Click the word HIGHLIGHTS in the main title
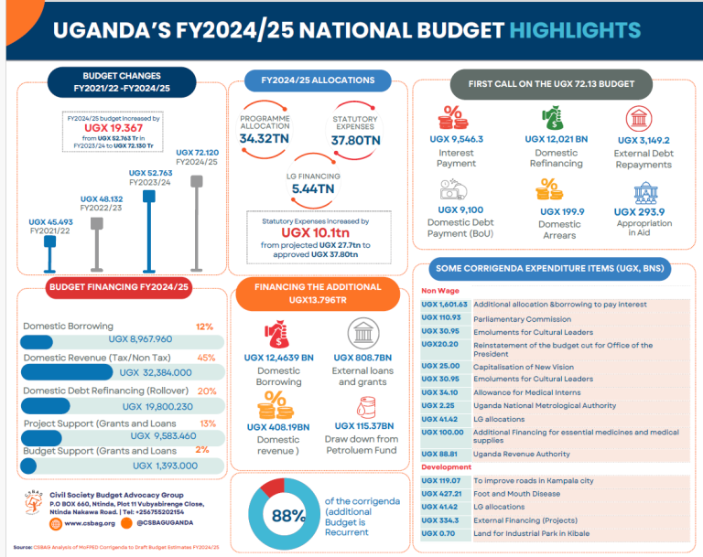point(575,29)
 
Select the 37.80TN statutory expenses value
point(356,140)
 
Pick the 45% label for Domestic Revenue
point(206,358)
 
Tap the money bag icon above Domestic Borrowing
point(275,332)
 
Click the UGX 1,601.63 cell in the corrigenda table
point(445,304)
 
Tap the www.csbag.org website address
point(90,523)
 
